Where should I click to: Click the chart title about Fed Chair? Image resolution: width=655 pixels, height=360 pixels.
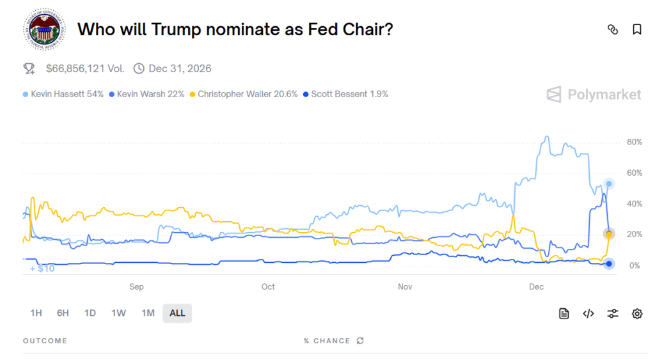pyautogui.click(x=235, y=29)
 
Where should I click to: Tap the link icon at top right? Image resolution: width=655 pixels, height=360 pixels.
pyautogui.click(x=613, y=29)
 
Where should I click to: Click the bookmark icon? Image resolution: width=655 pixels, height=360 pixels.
pyautogui.click(x=637, y=29)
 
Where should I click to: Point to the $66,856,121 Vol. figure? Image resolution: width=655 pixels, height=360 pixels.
pyautogui.click(x=85, y=68)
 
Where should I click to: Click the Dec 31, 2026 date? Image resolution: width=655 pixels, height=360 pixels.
pyautogui.click(x=180, y=68)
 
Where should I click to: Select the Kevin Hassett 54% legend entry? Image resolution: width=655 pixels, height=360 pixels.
pyautogui.click(x=63, y=94)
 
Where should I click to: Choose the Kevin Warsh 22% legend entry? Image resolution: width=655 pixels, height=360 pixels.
pyautogui.click(x=147, y=94)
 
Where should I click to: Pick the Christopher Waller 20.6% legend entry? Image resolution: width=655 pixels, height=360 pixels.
pyautogui.click(x=243, y=94)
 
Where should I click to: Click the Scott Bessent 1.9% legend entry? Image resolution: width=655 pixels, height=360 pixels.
pyautogui.click(x=345, y=94)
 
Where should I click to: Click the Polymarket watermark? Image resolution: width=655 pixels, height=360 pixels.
pyautogui.click(x=594, y=95)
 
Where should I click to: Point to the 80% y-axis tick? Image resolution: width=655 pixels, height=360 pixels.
pyautogui.click(x=634, y=142)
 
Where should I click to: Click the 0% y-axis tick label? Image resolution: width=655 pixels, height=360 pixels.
pyautogui.click(x=635, y=265)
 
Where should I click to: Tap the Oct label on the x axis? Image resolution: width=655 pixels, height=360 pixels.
pyautogui.click(x=268, y=286)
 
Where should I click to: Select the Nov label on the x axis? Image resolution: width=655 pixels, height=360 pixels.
pyautogui.click(x=405, y=286)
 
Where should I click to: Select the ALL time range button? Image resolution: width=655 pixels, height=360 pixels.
pyautogui.click(x=177, y=313)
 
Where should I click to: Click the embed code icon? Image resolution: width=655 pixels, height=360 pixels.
pyautogui.click(x=588, y=313)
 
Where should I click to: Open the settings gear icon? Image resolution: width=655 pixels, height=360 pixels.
pyautogui.click(x=637, y=313)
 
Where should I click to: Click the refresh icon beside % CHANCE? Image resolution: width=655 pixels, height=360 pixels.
pyautogui.click(x=360, y=341)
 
